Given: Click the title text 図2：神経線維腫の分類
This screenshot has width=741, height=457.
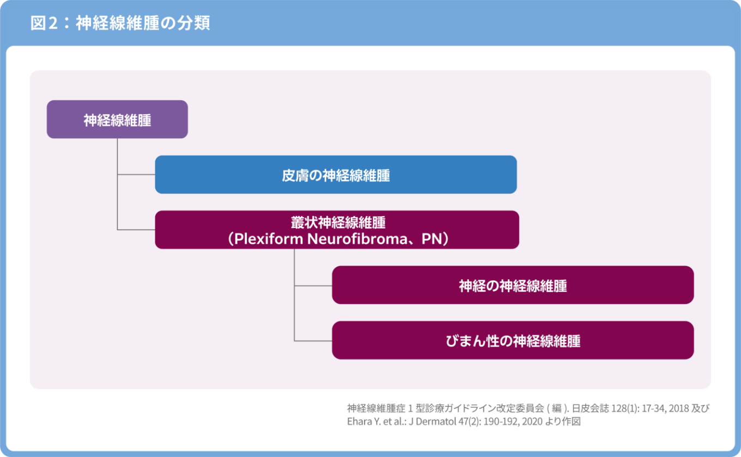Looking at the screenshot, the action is [120, 23].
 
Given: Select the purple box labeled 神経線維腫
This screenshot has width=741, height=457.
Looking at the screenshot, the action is [117, 119].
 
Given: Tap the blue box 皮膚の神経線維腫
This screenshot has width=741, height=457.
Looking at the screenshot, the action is [336, 174].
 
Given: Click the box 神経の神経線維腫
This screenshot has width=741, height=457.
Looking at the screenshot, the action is [513, 285].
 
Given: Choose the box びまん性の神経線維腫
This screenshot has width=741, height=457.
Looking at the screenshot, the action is [513, 340].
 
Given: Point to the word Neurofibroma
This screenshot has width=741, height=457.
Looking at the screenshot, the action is [357, 239].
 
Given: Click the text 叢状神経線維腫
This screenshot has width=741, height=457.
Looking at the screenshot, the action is [338, 223].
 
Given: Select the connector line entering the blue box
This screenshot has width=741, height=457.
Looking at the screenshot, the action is [136, 174].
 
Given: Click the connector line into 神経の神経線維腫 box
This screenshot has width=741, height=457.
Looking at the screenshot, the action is [313, 286].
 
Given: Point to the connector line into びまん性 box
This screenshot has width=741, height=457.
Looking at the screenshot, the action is [313, 341].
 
